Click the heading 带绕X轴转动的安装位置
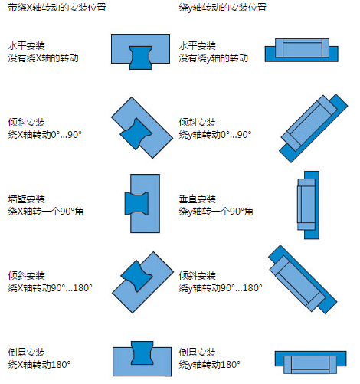57,8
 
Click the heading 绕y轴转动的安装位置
222,8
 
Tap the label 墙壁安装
27,199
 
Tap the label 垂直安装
197,199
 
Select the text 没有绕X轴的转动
43,58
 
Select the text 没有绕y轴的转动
213,58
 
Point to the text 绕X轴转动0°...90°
44,134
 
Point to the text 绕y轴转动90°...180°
221,288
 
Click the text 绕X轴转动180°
39,364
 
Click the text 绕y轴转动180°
209,364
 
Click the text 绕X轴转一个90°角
45,212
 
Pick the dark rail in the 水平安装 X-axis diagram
141,57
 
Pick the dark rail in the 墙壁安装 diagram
136,204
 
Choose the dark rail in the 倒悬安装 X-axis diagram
142,353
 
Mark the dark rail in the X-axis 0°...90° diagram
136,133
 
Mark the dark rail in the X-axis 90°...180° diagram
137,276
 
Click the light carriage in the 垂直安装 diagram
306,205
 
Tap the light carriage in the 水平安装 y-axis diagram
302,48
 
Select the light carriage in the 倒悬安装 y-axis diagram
310,364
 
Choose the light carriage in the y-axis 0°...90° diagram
309,123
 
